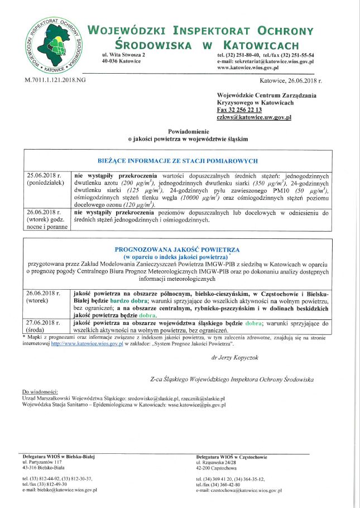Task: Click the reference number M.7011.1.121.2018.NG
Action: [x=56, y=81]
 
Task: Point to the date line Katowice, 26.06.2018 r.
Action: [x=299, y=81]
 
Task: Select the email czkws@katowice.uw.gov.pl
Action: [x=254, y=118]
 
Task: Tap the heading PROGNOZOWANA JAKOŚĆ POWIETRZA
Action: [x=177, y=249]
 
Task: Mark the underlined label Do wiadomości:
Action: [x=40, y=392]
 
